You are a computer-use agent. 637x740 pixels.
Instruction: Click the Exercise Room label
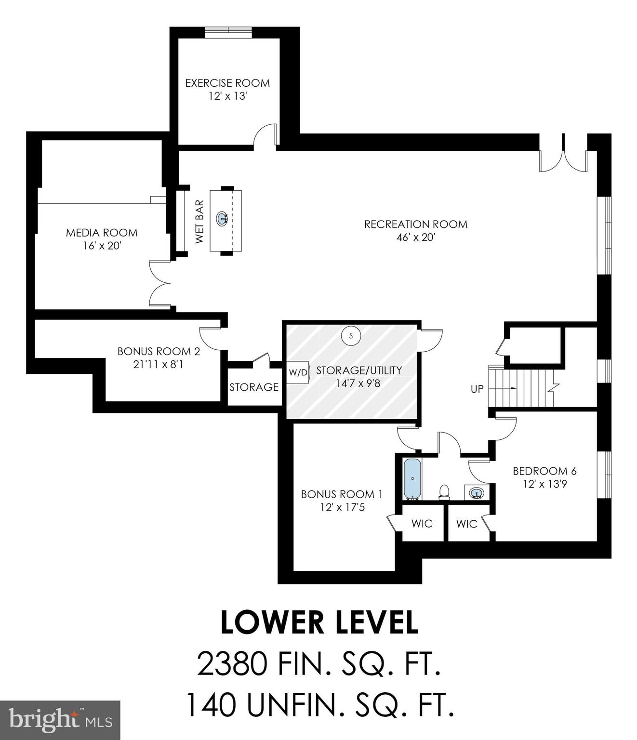point(227,83)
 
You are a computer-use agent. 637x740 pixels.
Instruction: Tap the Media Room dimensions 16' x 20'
point(102,246)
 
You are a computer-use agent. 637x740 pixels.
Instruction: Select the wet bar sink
point(222,219)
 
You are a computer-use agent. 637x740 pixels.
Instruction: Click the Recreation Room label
point(415,224)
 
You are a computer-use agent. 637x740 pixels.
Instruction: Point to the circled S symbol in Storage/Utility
point(351,335)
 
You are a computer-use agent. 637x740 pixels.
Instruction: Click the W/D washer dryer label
point(298,372)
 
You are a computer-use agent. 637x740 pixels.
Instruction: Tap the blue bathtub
point(412,479)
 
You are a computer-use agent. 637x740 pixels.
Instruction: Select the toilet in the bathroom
point(444,491)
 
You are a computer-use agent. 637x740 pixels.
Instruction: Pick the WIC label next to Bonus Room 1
point(422,524)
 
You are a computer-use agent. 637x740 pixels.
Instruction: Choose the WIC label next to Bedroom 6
point(466,524)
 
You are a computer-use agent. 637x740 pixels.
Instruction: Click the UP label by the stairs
point(477,389)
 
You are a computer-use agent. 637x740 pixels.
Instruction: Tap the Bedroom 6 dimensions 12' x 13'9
point(544,484)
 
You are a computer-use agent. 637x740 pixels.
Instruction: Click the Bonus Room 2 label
point(159,352)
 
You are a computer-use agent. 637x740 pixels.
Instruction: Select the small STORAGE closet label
point(254,387)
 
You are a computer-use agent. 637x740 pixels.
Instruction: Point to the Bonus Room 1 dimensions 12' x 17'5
point(342,507)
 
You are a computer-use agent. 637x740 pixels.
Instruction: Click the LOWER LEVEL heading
point(319,622)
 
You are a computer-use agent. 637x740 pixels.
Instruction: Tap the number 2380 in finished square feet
point(232,664)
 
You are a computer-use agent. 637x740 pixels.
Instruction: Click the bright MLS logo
point(60,720)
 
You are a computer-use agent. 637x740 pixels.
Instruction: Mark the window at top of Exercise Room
point(228,31)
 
